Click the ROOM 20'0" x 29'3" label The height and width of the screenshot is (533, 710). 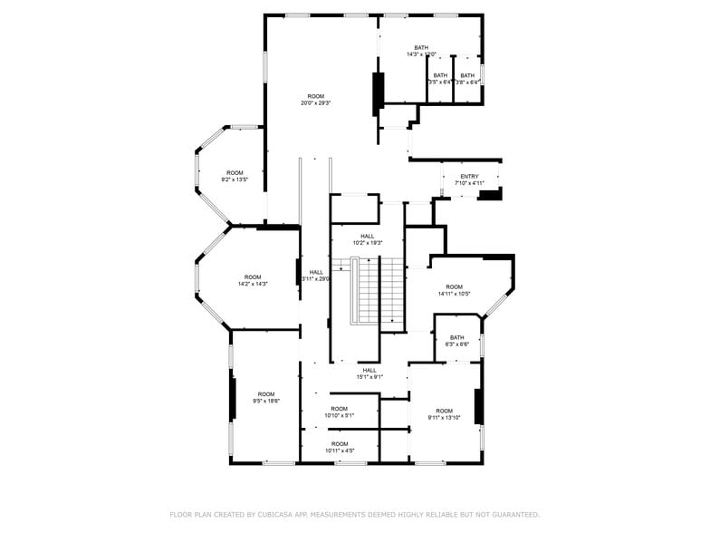pyautogui.click(x=315, y=100)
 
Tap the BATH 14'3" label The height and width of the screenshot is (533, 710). pyautogui.click(x=421, y=51)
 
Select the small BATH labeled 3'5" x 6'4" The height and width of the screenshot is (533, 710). pyautogui.click(x=440, y=79)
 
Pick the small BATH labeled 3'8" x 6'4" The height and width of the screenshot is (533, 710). pyautogui.click(x=466, y=79)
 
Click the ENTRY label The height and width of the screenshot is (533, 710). pyautogui.click(x=469, y=179)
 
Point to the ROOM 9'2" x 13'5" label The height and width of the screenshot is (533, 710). pyautogui.click(x=235, y=176)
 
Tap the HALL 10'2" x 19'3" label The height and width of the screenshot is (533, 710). pyautogui.click(x=367, y=239)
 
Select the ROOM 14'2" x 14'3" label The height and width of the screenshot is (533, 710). pyautogui.click(x=252, y=281)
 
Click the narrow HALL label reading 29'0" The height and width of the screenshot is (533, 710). pyautogui.click(x=316, y=276)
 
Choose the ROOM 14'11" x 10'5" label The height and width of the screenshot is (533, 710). pyautogui.click(x=454, y=290)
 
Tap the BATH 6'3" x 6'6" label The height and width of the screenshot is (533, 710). pyautogui.click(x=456, y=341)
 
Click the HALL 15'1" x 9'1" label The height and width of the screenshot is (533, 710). pyautogui.click(x=369, y=373)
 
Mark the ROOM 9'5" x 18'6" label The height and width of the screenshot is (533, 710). pyautogui.click(x=265, y=397)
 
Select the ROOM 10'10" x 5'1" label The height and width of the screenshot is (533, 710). pyautogui.click(x=339, y=412)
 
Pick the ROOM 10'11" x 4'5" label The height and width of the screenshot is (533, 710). pyautogui.click(x=339, y=447)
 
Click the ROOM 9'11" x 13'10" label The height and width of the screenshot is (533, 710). pyautogui.click(x=444, y=414)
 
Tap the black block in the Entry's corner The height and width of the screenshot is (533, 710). pyautogui.click(x=489, y=194)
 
